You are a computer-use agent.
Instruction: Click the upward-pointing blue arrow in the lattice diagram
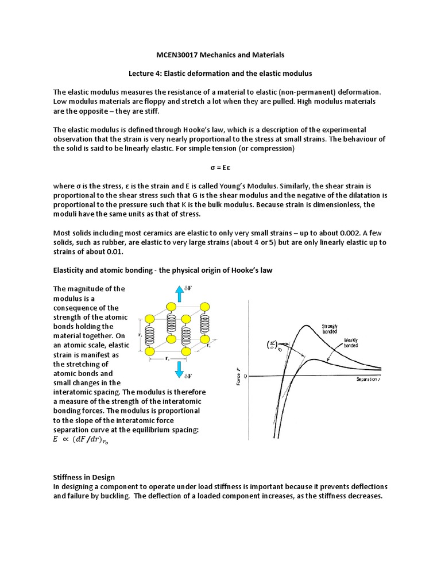point(179,294)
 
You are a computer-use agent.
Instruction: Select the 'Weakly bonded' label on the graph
point(351,343)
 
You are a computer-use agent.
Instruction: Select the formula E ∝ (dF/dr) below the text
point(84,441)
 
